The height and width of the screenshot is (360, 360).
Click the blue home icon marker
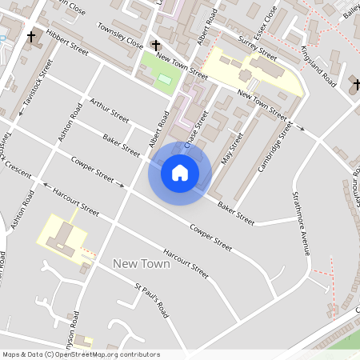coord(180,172)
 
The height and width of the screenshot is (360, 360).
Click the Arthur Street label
coord(110,111)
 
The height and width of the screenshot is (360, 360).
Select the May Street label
coord(230,147)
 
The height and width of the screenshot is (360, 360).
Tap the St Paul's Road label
coord(152,298)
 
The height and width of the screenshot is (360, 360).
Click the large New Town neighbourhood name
coord(141,263)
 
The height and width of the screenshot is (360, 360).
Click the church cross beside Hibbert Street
coord(32,36)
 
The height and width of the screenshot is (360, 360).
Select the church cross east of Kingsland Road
coord(353,82)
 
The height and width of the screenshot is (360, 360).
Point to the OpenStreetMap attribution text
coord(81,354)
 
